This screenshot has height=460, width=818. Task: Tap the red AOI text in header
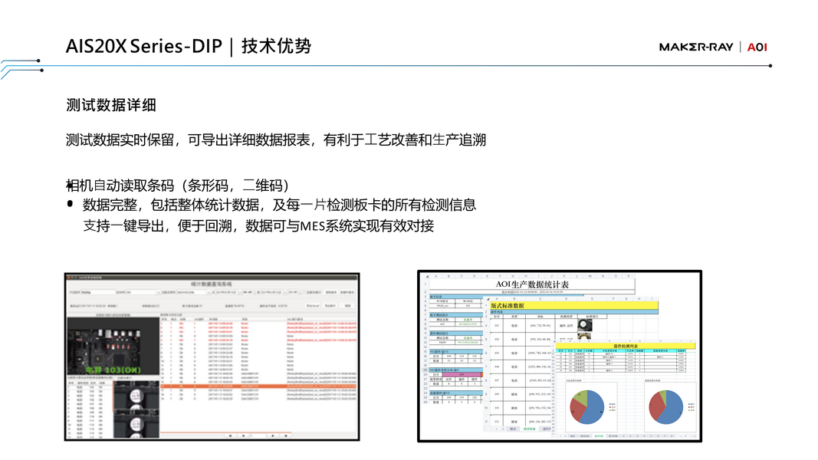click(757, 48)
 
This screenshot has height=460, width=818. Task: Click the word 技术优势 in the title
click(277, 46)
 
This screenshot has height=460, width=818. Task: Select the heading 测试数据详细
click(111, 106)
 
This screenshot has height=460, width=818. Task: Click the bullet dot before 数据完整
click(71, 205)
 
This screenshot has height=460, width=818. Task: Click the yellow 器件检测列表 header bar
click(619, 346)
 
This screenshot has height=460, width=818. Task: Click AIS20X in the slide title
click(96, 46)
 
